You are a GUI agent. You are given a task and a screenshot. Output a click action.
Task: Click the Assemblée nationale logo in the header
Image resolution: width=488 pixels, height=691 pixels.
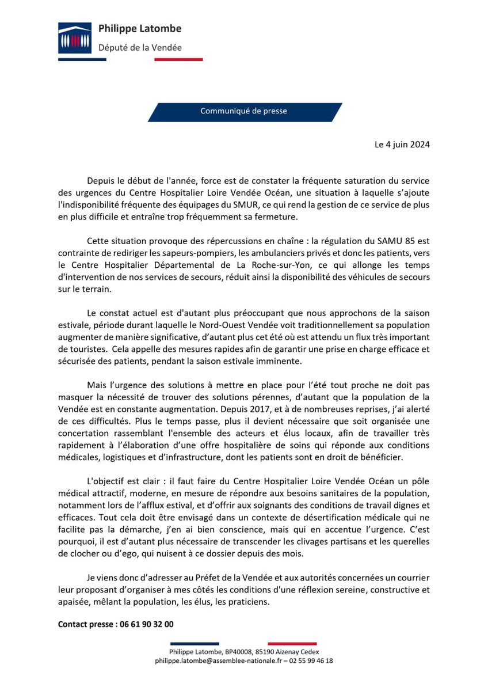pos(75,38)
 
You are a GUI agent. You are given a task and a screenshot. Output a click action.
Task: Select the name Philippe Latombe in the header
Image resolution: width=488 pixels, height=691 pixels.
pos(140,28)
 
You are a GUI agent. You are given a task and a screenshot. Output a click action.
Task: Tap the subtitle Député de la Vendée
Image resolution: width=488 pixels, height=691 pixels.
pos(140,47)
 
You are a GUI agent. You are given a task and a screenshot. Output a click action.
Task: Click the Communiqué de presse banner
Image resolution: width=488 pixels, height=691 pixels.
pos(244,111)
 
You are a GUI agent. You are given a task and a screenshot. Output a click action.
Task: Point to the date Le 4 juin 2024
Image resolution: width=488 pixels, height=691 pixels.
pos(402,144)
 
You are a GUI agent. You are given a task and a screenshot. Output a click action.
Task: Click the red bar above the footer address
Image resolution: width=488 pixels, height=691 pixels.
pos(292,643)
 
